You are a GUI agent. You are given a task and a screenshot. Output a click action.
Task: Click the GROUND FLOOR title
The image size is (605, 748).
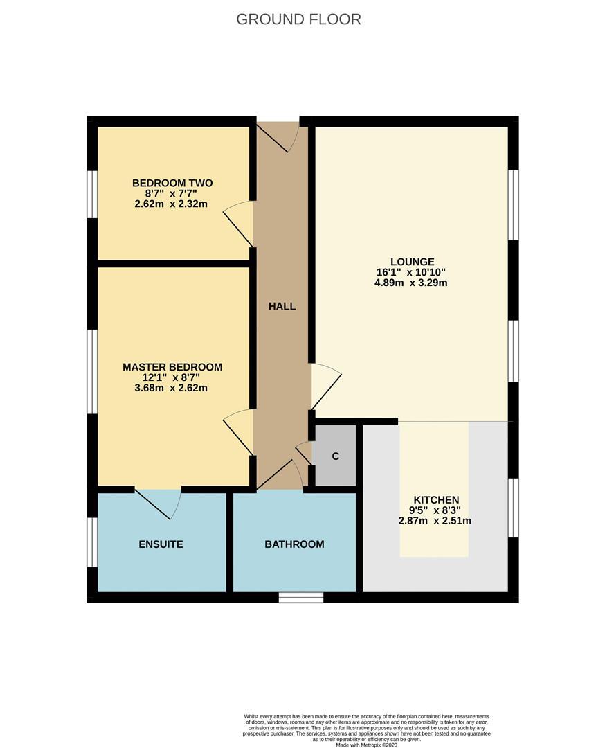tap(298, 19)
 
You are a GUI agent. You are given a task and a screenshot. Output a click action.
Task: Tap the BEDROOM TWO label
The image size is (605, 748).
tap(172, 183)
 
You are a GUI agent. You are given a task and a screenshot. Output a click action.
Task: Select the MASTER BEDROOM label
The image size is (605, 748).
tap(172, 366)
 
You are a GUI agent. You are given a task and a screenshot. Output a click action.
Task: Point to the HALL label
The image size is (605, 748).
tap(282, 306)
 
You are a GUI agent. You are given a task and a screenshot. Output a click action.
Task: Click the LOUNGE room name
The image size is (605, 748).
tap(412, 262)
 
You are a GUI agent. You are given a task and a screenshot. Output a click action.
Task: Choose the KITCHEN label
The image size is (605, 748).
tap(436, 499)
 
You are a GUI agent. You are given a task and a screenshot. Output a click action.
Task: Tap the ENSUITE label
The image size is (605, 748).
tap(161, 544)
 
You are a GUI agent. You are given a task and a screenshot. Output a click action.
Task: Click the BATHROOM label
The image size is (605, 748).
tap(294, 544)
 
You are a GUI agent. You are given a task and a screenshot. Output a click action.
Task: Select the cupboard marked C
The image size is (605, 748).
tap(335, 456)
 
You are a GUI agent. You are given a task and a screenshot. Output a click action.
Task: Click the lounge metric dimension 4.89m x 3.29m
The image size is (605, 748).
tap(412, 283)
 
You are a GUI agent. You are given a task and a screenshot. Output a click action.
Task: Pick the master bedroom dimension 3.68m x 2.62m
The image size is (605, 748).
tap(172, 388)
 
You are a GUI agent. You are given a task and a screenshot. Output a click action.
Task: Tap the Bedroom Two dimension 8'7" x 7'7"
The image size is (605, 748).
tap(172, 193)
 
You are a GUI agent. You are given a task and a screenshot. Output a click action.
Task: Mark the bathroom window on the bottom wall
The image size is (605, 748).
tap(301, 597)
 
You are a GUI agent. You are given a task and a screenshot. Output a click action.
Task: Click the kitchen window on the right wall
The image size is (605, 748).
tap(513, 508)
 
